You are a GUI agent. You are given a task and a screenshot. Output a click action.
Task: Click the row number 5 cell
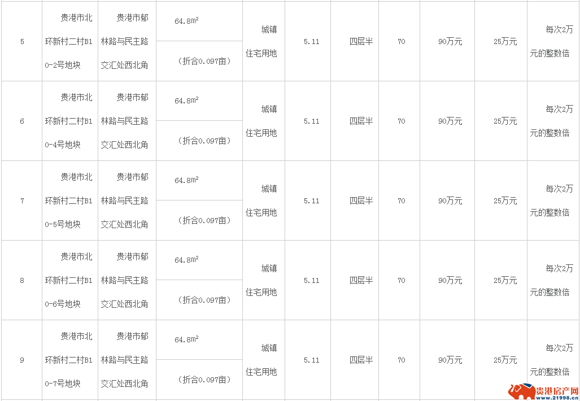(x=22, y=42)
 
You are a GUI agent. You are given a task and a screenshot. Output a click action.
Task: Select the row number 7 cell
(x=22, y=201)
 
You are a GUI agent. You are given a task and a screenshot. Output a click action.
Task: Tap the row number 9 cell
(x=22, y=360)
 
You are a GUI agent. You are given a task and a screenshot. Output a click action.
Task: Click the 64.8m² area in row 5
(x=186, y=21)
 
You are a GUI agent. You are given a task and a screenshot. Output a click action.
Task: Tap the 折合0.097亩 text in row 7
(x=204, y=220)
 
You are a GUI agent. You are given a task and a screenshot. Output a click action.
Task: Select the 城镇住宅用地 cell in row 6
(x=261, y=121)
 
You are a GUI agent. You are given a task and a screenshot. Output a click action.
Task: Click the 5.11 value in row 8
(x=311, y=280)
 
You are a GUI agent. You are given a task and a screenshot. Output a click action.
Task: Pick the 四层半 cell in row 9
(x=361, y=360)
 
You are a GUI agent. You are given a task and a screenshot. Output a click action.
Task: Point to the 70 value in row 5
(x=402, y=42)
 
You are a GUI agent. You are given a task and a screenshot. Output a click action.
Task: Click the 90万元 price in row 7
(x=450, y=201)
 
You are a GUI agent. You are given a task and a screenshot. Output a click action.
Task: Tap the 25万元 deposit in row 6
(x=505, y=121)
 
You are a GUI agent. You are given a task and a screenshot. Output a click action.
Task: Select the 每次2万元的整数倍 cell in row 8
(x=551, y=280)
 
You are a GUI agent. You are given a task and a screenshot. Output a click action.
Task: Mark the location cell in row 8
(x=125, y=280)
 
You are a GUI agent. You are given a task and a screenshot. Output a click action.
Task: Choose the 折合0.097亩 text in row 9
(x=204, y=380)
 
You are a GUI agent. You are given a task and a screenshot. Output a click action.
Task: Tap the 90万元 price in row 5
(x=450, y=42)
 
